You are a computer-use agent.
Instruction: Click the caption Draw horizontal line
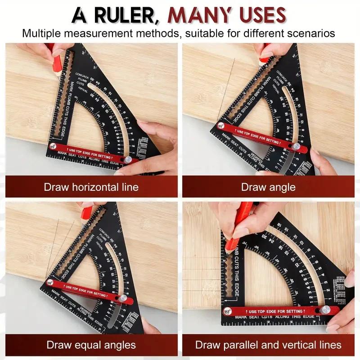[x=91, y=187]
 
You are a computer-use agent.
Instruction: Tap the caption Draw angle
[x=268, y=187]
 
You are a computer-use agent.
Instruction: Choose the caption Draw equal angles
[x=91, y=346]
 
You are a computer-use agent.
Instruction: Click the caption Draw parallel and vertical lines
[x=268, y=346]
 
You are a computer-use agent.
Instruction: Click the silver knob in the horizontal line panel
[x=128, y=160]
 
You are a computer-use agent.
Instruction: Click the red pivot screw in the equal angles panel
[x=50, y=282]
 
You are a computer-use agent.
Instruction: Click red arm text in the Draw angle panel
[x=259, y=137]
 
